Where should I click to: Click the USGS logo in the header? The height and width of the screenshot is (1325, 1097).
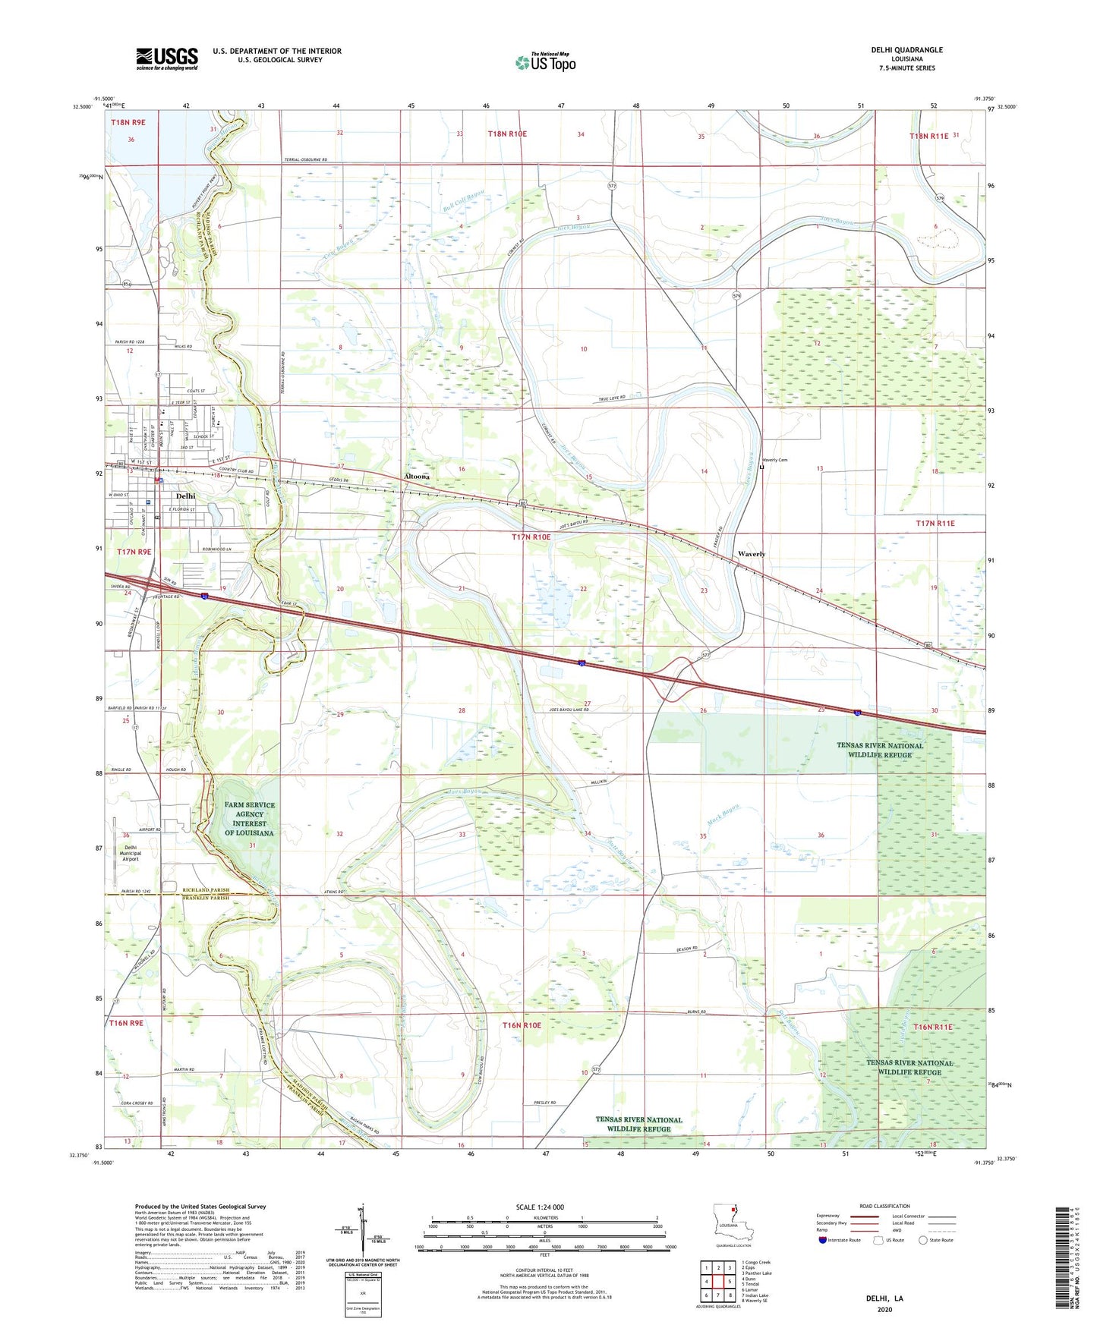[166, 58]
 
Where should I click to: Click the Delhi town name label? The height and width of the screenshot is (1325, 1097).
[185, 496]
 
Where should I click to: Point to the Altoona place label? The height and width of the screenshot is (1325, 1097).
[417, 477]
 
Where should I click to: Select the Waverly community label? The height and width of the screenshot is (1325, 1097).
[752, 554]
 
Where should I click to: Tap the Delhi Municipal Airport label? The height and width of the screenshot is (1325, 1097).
[131, 853]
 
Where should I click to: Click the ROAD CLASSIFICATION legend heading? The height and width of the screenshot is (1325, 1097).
[884, 1206]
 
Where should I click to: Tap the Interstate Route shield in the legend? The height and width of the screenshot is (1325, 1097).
[822, 1240]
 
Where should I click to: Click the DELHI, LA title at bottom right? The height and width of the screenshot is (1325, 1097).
[884, 1298]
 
